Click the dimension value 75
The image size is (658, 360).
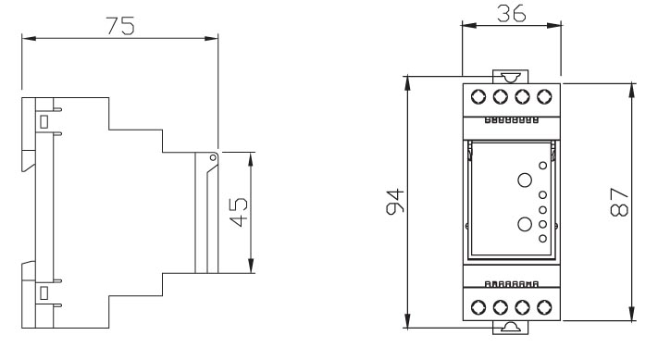point(120,26)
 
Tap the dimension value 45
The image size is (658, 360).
point(239,212)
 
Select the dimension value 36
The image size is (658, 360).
point(511,14)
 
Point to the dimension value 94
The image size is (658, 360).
point(395,202)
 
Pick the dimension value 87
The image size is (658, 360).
point(619,203)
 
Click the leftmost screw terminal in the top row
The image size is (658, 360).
point(478,96)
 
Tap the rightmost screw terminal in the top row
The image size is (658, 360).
point(544,96)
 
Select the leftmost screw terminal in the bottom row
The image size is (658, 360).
point(478,307)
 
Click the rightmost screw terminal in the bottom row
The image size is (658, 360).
point(544,307)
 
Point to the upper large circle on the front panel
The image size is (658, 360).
point(525,180)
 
